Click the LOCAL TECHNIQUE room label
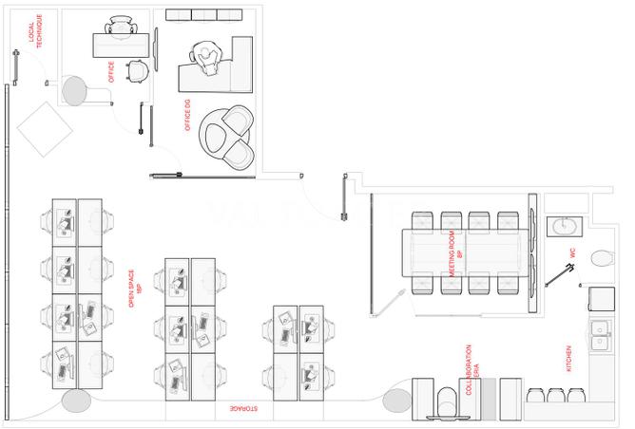pos(35,31)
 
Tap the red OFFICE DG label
pos(187,115)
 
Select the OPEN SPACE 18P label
pos(134,289)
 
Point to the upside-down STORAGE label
pos(243,408)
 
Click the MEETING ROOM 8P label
pos(455,253)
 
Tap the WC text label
pos(572,253)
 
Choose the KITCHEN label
pos(568,358)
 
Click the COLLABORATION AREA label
pos(471,369)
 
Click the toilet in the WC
pos(603,258)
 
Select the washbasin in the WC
pos(565,227)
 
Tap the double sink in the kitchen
pos(600,335)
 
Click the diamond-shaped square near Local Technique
pos(45,129)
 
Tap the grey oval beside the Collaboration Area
pos(397,401)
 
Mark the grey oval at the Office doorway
pos(74,90)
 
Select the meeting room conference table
pos(465,252)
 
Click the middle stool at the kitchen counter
pos(556,395)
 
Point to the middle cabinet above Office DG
pos(204,15)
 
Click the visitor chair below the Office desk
pos(137,71)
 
